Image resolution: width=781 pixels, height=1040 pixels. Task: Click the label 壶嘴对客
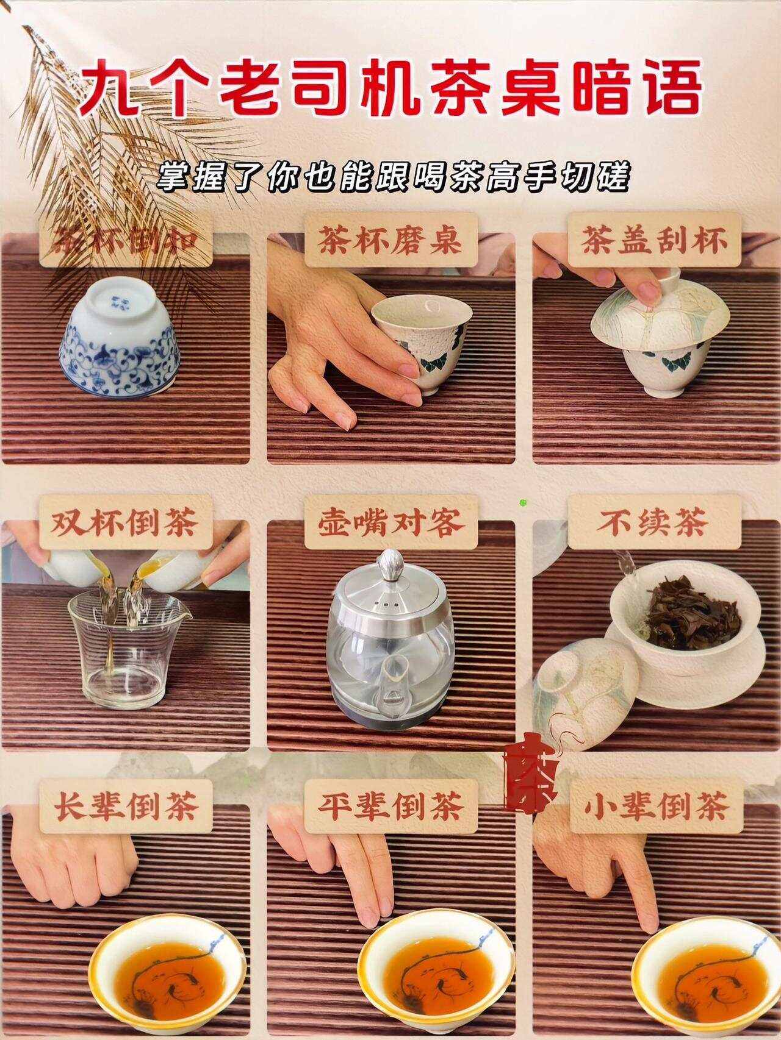point(390,523)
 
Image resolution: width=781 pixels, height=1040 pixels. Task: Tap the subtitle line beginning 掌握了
point(390,177)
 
